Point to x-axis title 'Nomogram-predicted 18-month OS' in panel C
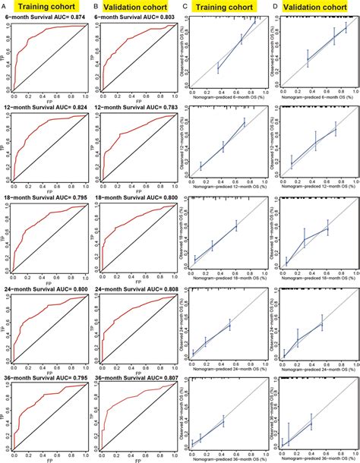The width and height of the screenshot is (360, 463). click(x=225, y=278)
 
